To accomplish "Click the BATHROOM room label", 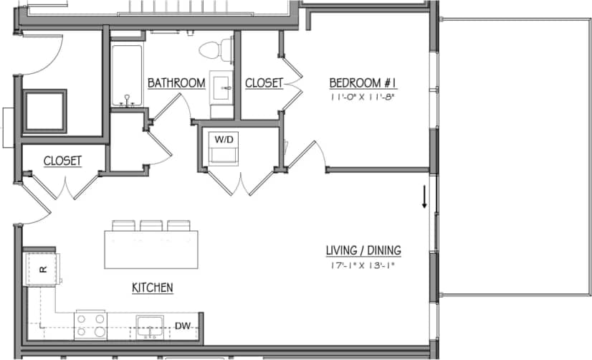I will pos(176,83).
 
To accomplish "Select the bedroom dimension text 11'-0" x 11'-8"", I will pos(363,96).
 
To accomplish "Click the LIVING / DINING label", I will pos(363,251).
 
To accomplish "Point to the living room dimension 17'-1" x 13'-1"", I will pos(363,265).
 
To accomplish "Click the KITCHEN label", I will pos(152,288).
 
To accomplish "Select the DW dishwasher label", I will pos(183,326).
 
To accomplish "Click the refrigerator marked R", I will pos(42,269).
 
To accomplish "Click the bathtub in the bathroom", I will pos(126,75).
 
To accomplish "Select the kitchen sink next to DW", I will pos(151,326).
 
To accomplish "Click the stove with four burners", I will pos(91,325).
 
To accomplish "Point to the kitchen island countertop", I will pos(151,248).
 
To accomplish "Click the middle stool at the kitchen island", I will pos(151,225).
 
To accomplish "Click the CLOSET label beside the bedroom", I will pos(264,83).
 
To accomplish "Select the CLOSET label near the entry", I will pos(62,161).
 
